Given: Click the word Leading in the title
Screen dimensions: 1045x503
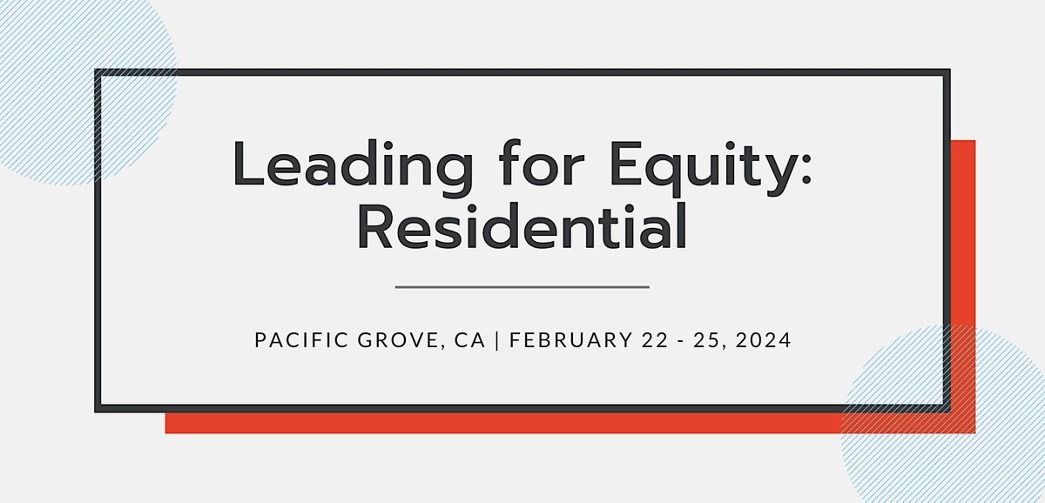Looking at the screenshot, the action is coord(354,167).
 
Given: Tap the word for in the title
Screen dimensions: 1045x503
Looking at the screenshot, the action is coord(542,162).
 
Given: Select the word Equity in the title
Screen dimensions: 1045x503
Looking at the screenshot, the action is coord(701,167).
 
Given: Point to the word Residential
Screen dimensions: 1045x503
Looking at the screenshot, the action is coord(522,225).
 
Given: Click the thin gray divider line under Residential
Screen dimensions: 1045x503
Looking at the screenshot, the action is coord(522,287).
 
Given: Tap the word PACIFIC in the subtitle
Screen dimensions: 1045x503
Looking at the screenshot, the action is coord(301,340).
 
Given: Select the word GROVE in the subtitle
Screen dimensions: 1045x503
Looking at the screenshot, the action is coord(399,340).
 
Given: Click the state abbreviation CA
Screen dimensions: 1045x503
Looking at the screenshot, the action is coord(469,340).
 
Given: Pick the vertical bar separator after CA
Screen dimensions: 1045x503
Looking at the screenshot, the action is coord(497,340).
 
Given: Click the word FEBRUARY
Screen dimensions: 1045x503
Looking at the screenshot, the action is coord(571,340).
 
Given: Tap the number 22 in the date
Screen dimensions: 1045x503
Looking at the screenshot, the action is coord(656,340).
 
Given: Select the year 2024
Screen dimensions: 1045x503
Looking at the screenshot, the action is coord(763,340).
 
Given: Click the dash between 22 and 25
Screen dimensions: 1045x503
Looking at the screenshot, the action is coord(681,341).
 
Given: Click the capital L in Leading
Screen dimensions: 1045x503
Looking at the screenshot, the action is coord(249,163).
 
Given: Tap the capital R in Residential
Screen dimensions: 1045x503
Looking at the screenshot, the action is coord(375,225).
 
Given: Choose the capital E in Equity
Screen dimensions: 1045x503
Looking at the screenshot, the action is coord(625,163).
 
